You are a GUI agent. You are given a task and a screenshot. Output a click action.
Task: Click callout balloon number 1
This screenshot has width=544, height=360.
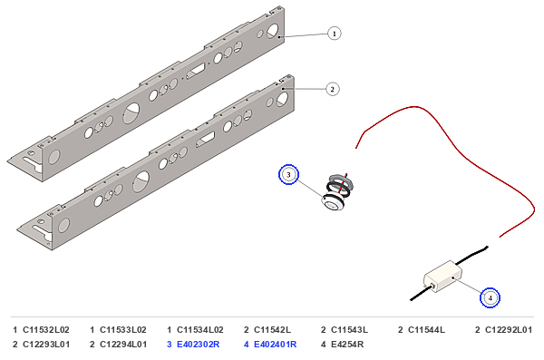(x=334, y=34)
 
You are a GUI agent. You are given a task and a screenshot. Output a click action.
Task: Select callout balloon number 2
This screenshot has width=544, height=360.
(x=333, y=89)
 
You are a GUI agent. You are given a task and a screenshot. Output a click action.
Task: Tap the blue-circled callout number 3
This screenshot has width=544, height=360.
(x=288, y=175)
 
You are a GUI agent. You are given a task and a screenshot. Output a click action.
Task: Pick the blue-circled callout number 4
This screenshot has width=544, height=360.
(x=490, y=297)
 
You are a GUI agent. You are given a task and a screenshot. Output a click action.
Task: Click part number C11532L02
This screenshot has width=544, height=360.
(x=46, y=330)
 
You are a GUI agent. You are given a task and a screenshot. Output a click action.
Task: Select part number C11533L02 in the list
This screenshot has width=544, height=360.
(x=122, y=330)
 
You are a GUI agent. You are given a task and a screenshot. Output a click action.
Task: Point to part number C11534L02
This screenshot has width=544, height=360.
(x=199, y=330)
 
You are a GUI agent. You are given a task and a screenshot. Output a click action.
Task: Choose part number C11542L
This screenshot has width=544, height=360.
(x=272, y=330)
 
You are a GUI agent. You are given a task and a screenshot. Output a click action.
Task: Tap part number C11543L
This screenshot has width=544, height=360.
(x=349, y=330)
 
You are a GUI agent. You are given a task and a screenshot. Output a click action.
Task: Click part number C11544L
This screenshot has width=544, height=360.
(x=426, y=330)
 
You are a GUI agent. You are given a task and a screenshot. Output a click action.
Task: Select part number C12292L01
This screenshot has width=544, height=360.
(x=509, y=330)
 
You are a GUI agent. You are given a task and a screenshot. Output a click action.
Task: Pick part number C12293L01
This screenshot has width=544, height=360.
(x=46, y=345)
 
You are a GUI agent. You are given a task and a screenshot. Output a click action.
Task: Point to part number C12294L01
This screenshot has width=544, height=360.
(x=123, y=345)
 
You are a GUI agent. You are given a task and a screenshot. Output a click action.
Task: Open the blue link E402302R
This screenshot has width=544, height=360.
(x=198, y=345)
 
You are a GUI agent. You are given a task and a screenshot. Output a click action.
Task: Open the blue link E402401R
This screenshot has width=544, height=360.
(x=275, y=345)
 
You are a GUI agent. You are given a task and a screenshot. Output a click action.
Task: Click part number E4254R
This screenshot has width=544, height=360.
(x=347, y=345)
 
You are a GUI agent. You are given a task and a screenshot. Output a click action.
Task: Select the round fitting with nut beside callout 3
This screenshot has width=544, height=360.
(x=337, y=192)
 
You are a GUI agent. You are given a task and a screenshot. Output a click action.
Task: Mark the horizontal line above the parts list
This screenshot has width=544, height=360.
(x=272, y=317)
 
